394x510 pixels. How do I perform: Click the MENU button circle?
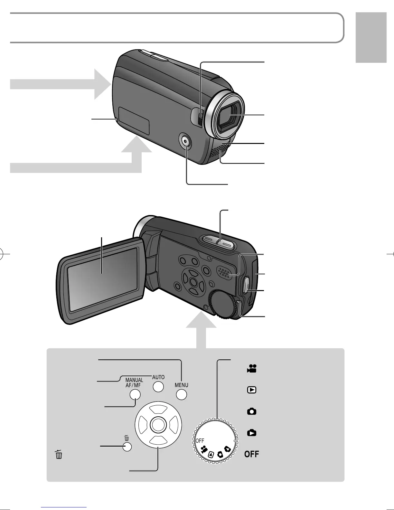pyautogui.click(x=182, y=395)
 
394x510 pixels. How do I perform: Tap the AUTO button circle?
pyautogui.click(x=158, y=387)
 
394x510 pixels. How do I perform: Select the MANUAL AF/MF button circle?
pyautogui.click(x=135, y=394)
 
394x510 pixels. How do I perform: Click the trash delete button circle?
pyautogui.click(x=127, y=447)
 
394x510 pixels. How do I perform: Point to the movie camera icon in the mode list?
pyautogui.click(x=252, y=369)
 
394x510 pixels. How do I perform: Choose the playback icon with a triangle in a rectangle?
pyautogui.click(x=252, y=390)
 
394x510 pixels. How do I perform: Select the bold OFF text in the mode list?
pyautogui.click(x=252, y=454)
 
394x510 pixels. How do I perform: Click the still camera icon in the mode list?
pyautogui.click(x=252, y=411)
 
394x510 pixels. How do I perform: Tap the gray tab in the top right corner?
pyautogui.click(x=371, y=37)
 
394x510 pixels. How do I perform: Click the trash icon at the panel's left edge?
pyautogui.click(x=59, y=454)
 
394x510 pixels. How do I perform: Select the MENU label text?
pyautogui.click(x=182, y=385)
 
